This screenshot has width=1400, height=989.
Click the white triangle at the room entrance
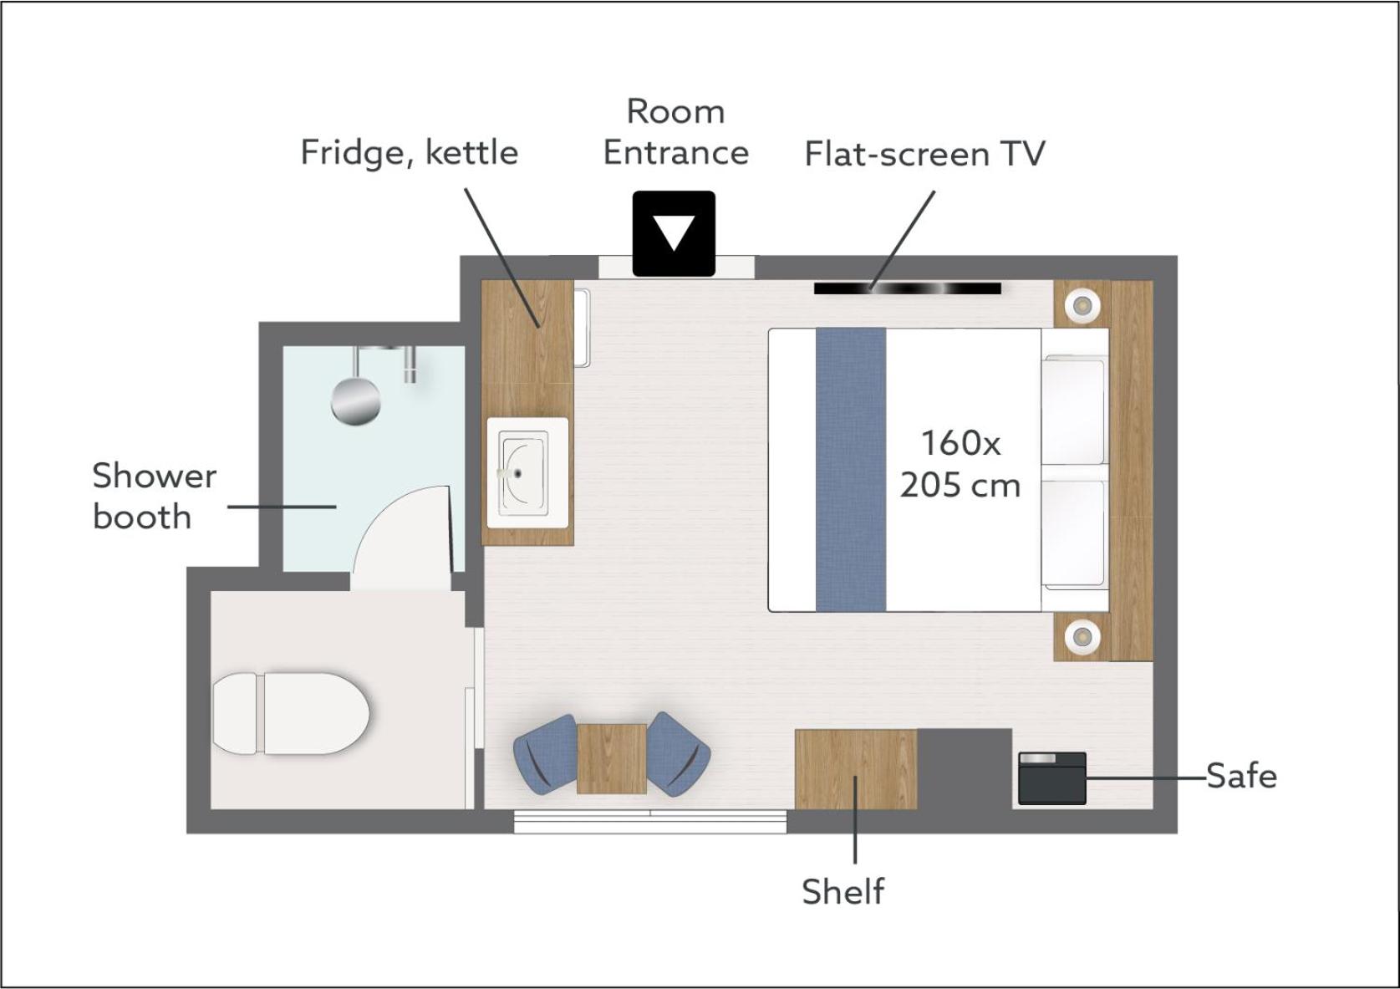tap(674, 232)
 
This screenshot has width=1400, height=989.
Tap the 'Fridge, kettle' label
tap(410, 153)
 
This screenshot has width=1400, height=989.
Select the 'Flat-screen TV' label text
tap(924, 154)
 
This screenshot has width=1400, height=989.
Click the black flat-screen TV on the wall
tap(908, 288)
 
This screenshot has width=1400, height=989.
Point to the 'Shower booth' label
tap(155, 497)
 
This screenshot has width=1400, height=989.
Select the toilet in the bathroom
tap(291, 713)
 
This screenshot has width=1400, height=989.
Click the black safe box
tap(1052, 778)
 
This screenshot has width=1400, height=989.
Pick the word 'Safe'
tap(1241, 777)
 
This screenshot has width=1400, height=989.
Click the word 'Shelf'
tap(843, 891)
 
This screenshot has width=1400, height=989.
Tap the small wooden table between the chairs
tap(612, 758)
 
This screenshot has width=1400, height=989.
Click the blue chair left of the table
tap(545, 754)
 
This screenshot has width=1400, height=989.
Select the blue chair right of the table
tap(678, 754)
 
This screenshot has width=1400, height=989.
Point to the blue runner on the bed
tap(851, 470)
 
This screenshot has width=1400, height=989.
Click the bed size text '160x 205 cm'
tap(960, 464)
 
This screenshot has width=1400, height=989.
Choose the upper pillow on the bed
tap(1074, 410)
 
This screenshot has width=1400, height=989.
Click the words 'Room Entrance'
tap(676, 132)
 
